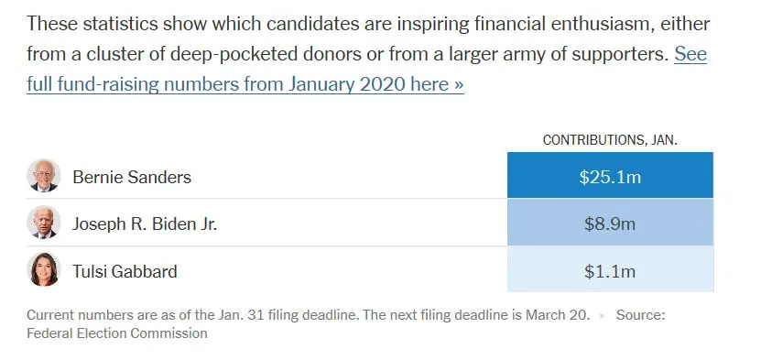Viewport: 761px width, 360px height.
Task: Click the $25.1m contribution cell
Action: [610, 177]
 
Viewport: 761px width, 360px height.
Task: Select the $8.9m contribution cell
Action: [610, 224]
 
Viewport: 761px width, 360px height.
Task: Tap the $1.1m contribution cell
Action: [610, 271]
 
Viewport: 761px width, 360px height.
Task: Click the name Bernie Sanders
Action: [132, 177]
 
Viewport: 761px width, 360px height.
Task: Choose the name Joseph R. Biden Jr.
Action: [145, 224]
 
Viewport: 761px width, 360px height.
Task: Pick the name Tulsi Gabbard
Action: [125, 271]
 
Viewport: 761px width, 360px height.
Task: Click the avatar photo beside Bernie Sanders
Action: [44, 176]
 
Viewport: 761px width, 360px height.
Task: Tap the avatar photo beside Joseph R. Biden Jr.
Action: [44, 223]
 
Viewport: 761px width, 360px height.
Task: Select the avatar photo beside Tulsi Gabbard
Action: [44, 270]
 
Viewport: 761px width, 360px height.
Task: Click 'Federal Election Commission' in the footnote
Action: [117, 333]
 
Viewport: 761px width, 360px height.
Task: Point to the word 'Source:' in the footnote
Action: [640, 314]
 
